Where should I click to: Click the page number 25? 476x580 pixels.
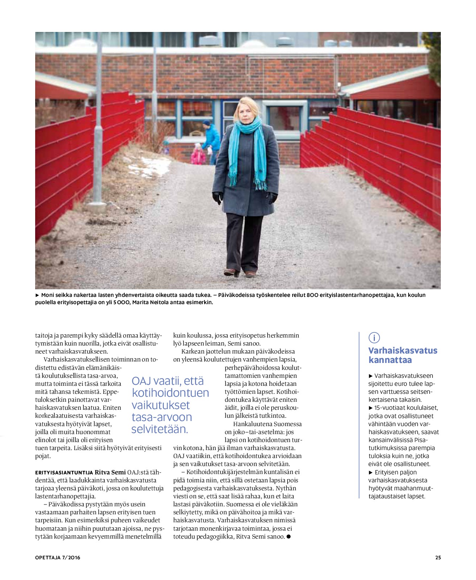438,557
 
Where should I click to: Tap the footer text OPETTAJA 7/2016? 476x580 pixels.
58,557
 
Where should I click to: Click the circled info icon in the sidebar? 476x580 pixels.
374,338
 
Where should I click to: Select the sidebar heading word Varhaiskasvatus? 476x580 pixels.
403,351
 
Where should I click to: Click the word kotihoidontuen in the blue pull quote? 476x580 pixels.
170,393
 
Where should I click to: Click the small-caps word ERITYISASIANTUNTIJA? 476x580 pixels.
64,473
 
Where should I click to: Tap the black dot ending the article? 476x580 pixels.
289,536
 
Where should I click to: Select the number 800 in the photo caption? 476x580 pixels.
312,295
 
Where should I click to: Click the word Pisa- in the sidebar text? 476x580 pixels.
421,440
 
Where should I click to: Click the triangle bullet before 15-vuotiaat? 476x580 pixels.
371,408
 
